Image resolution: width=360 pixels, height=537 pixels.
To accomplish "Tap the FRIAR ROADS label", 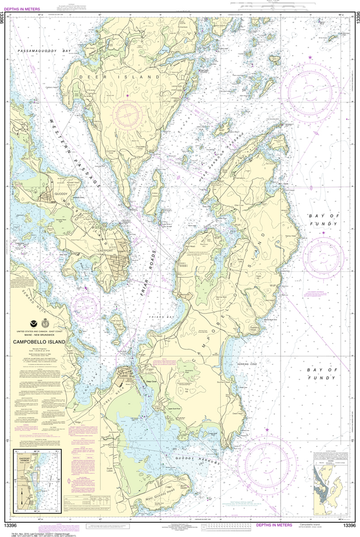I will (149, 281).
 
